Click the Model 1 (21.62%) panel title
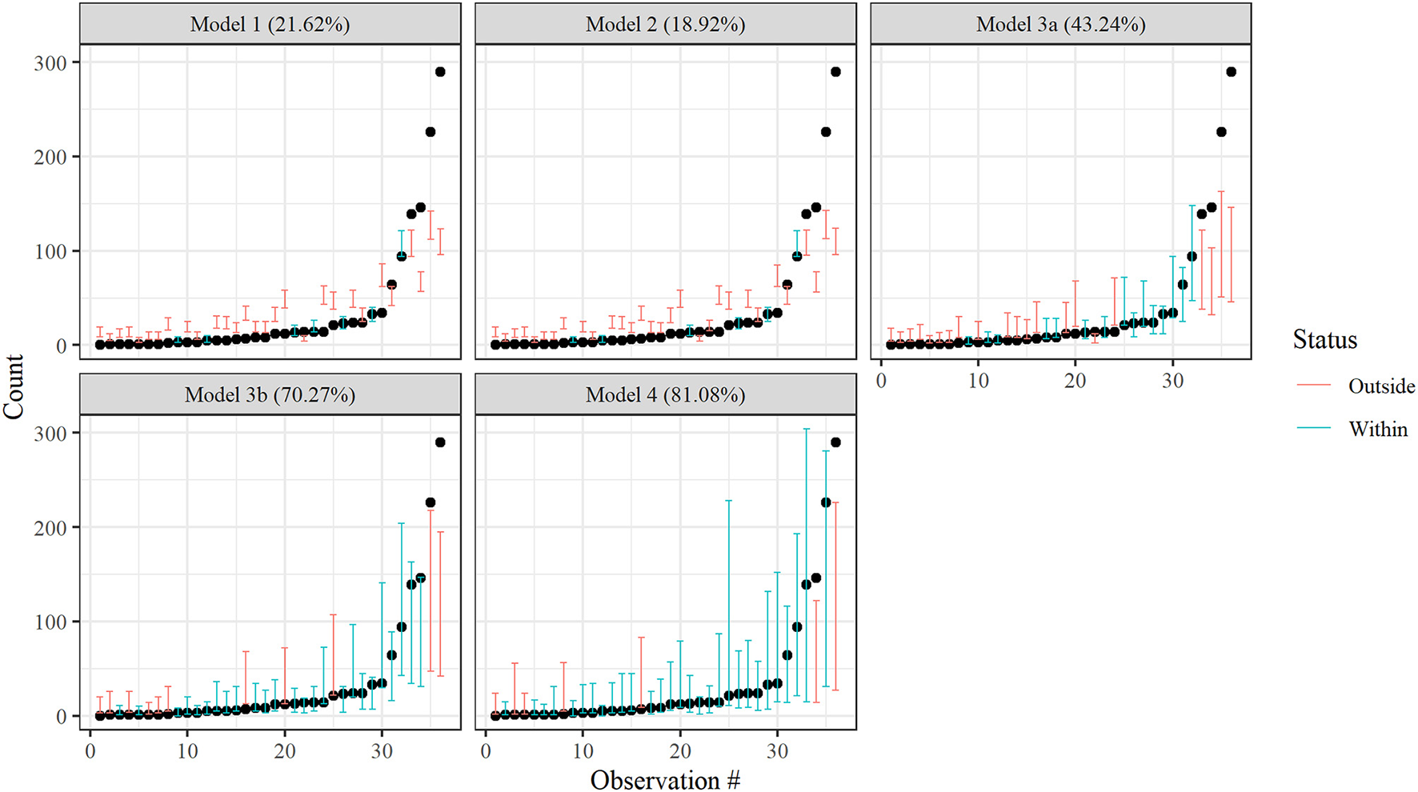(270, 25)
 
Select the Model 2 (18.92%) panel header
(665, 25)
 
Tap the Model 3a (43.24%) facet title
(1060, 25)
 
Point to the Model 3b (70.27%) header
(270, 395)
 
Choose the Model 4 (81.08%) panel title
(665, 395)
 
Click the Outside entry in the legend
(1380, 386)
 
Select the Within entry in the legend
(1377, 430)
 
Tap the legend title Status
(1324, 340)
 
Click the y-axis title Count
(14, 386)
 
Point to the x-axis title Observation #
(665, 780)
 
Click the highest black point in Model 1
(440, 72)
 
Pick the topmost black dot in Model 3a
(1231, 72)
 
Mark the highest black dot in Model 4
(835, 442)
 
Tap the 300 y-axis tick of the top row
(50, 62)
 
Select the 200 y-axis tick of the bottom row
(50, 527)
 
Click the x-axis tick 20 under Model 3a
(1075, 381)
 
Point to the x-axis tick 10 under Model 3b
(187, 751)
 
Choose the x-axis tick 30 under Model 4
(777, 751)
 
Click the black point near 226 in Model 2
(826, 132)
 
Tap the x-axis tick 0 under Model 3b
(90, 751)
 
